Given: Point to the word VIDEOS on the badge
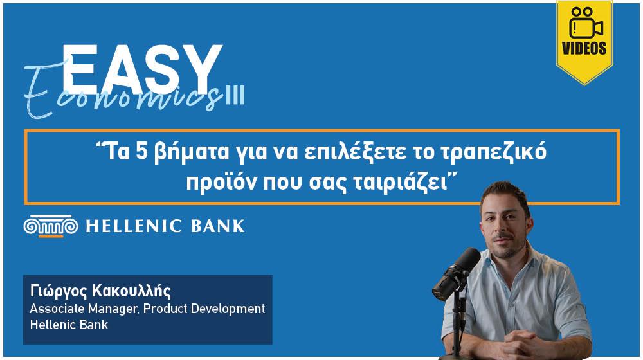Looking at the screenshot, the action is (x=584, y=48).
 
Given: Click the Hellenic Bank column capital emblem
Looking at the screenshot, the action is (x=51, y=226).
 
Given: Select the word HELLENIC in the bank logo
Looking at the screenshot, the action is (x=134, y=226).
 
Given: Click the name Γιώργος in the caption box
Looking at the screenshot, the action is (x=59, y=291).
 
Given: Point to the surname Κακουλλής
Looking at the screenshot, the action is (x=131, y=291).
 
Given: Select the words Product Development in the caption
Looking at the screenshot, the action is (x=204, y=309).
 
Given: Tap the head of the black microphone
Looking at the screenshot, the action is (x=457, y=273).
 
